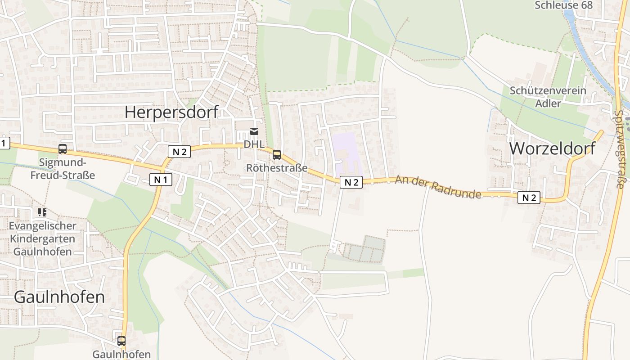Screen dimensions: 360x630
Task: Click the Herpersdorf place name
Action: pyautogui.click(x=171, y=112)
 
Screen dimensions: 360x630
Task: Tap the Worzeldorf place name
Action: pyautogui.click(x=552, y=148)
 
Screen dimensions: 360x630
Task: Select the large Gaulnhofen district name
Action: pyautogui.click(x=59, y=297)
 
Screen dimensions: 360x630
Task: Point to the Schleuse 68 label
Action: pyautogui.click(x=563, y=5)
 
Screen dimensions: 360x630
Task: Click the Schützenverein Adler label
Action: pyautogui.click(x=548, y=97)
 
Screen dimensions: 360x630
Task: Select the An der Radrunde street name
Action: pyautogui.click(x=438, y=187)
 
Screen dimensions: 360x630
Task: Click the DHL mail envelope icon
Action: pyautogui.click(x=254, y=131)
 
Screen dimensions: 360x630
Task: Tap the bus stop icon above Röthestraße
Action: pyautogui.click(x=277, y=155)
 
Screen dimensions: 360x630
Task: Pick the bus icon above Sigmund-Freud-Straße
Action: pyautogui.click(x=63, y=149)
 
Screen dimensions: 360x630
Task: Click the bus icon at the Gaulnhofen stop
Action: pyautogui.click(x=121, y=341)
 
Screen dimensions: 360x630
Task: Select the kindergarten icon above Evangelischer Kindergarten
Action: pyautogui.click(x=42, y=212)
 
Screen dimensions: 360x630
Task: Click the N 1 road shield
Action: pyautogui.click(x=161, y=180)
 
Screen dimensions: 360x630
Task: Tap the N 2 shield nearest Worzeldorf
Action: pyautogui.click(x=528, y=198)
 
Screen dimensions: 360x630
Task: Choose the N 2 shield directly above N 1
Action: pyautogui.click(x=179, y=152)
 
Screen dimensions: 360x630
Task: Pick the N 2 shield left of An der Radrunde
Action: pyautogui.click(x=351, y=182)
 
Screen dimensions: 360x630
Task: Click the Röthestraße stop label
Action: pyautogui.click(x=277, y=168)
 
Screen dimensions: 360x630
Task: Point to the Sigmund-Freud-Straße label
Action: pyautogui.click(x=63, y=168)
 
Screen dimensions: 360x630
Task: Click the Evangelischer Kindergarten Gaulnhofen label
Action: pyautogui.click(x=42, y=238)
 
